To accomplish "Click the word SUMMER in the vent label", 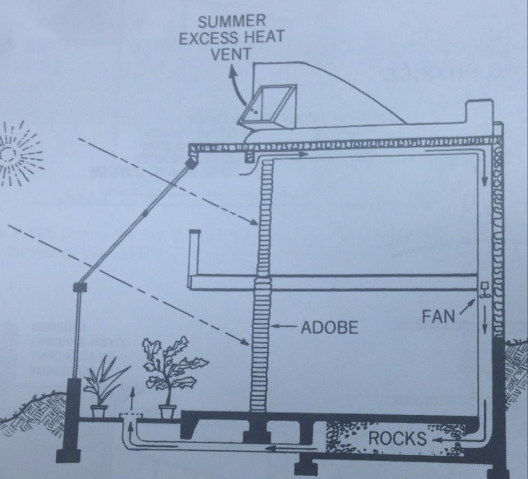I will coord(232,22).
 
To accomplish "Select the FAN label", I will coord(439,316).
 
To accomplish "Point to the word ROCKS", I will coord(397,438).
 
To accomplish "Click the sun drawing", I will coord(16,154).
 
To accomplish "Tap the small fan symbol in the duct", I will coord(483,292).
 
